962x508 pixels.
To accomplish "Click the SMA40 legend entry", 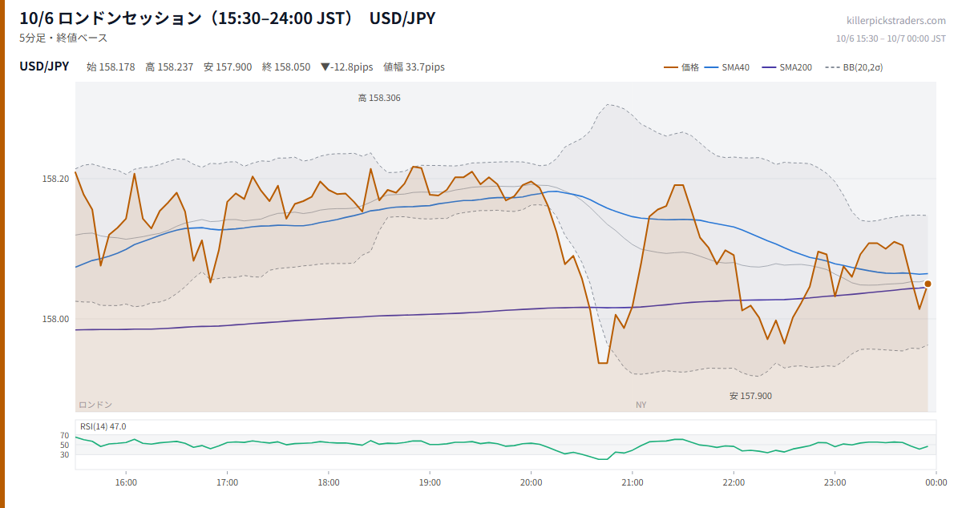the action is (727, 67).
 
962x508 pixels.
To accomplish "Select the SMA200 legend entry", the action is (786, 67).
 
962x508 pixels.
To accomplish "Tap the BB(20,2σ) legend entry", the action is (855, 67).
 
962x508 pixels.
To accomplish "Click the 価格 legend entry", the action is (681, 67).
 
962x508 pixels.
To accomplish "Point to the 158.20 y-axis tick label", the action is (55, 179).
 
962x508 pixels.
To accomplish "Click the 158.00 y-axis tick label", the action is (55, 319).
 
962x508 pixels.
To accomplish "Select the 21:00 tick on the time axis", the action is (633, 482).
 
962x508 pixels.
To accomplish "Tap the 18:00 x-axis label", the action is (329, 482).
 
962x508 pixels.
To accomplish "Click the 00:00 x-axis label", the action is (936, 482).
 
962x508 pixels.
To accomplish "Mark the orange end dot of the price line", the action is (928, 284).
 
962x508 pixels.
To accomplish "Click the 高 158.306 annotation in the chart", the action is (379, 98).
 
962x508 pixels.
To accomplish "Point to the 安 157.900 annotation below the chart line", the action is (750, 396).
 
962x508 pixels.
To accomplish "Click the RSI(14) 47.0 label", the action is (103, 426).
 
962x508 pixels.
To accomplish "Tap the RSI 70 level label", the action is (64, 435).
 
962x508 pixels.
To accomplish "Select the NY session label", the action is (641, 405).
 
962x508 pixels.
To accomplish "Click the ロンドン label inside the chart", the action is (95, 405).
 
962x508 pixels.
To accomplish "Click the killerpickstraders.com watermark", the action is (896, 21).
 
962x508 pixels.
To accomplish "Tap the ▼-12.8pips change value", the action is (347, 67).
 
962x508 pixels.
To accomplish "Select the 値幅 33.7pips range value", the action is (414, 67).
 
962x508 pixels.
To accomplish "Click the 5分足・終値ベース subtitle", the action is (63, 38).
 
